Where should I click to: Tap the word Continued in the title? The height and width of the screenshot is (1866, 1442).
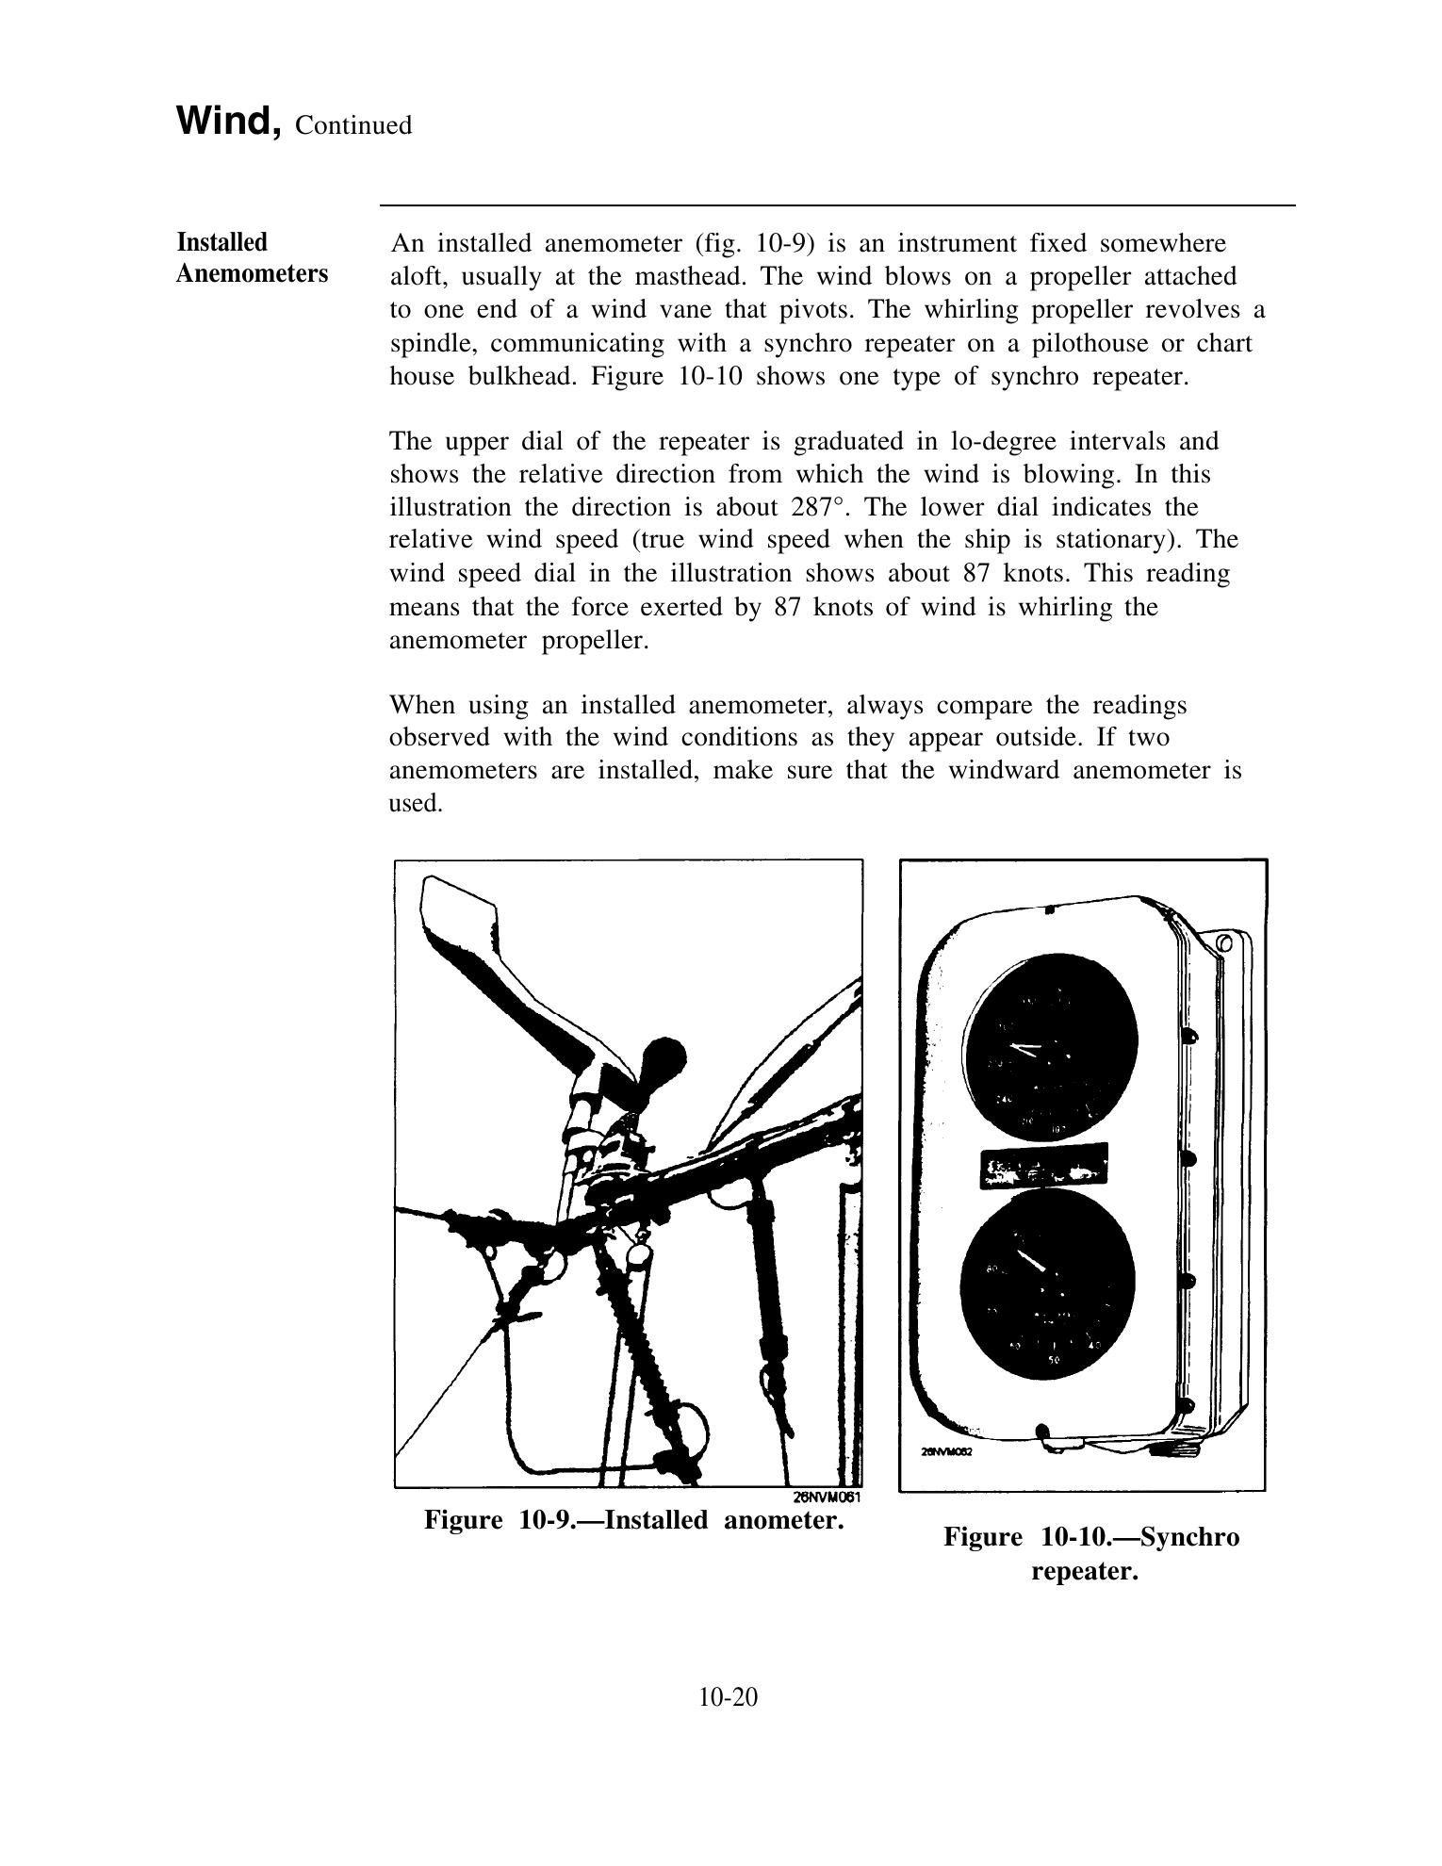(352, 125)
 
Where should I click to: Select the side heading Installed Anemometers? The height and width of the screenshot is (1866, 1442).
(252, 258)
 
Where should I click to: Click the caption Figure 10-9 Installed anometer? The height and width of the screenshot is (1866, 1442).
(632, 1520)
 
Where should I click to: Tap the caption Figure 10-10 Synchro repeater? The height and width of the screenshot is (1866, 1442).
(1090, 1554)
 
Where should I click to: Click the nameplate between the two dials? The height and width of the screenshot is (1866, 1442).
(1044, 1165)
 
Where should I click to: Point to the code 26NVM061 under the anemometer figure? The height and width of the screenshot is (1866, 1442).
(826, 1497)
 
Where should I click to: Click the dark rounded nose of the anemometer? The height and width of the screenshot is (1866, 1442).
(662, 1057)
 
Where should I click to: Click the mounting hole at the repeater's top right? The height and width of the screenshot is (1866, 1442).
(1224, 943)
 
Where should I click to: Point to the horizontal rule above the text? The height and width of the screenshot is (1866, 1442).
(837, 205)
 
